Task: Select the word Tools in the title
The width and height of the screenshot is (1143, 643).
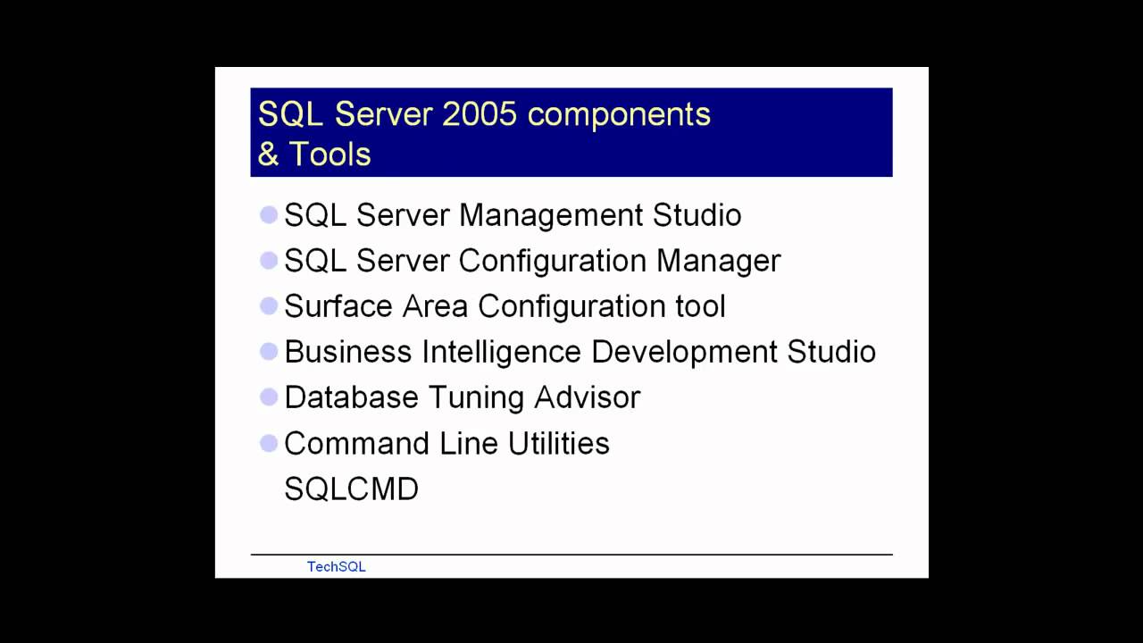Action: coord(330,154)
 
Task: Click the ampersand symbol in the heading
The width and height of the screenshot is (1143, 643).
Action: coord(268,154)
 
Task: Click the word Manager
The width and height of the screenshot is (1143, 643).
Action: coord(718,261)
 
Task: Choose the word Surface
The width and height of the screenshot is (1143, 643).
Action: coord(338,306)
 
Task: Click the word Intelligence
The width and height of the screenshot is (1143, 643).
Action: coord(502,352)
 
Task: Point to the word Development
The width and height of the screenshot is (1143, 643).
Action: coord(684,352)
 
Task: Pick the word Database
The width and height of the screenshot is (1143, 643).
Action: coord(351,397)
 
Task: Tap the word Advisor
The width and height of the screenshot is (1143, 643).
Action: coord(587,397)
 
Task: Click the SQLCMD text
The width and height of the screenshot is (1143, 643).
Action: coord(351,489)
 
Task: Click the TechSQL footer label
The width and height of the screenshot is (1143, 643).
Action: coord(336,566)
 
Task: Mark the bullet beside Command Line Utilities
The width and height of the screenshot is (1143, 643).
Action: coord(269,443)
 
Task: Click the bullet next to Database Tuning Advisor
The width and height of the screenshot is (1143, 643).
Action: coord(269,397)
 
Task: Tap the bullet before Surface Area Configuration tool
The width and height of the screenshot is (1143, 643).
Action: coord(269,306)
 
